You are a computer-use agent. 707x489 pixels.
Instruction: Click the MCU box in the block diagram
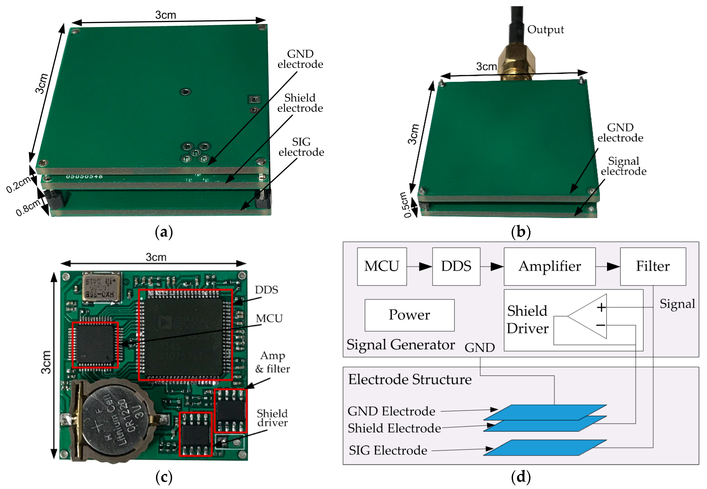(x=382, y=266)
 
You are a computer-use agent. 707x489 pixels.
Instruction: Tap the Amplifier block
(x=549, y=266)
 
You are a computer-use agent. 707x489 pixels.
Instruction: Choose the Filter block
(x=653, y=266)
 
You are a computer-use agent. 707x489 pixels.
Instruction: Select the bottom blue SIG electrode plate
(x=545, y=448)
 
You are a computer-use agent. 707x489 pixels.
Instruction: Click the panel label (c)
(x=164, y=477)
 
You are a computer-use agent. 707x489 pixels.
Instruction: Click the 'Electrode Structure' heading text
(x=410, y=380)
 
